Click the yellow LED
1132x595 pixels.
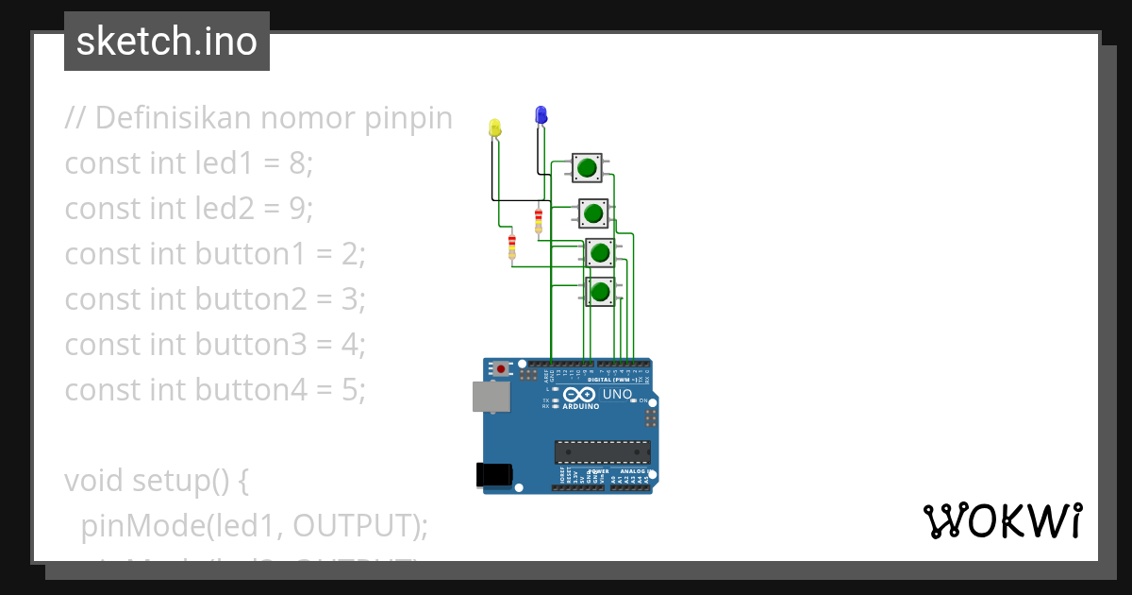click(x=495, y=127)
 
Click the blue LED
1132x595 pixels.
click(x=541, y=115)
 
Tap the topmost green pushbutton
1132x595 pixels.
click(x=587, y=168)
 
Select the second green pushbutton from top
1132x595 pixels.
click(x=592, y=213)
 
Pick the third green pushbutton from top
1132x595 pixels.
click(x=599, y=253)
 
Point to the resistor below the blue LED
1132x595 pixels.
click(x=539, y=221)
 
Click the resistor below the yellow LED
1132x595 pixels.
click(x=512, y=246)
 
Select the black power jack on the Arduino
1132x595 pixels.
click(x=493, y=474)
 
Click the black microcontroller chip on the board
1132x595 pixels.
click(x=602, y=451)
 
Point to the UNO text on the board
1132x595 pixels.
click(x=617, y=394)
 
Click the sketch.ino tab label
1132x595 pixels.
click(x=167, y=42)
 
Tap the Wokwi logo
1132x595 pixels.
click(x=1002, y=520)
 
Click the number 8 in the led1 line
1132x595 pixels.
click(x=298, y=163)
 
